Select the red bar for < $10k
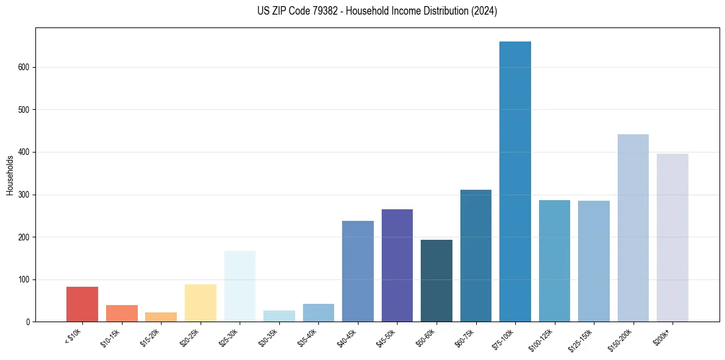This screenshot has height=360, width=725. pyautogui.click(x=82, y=304)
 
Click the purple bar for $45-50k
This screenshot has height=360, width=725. pyautogui.click(x=397, y=265)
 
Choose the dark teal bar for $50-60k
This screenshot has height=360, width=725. pyautogui.click(x=437, y=281)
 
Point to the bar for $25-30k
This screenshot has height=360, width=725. pyautogui.click(x=240, y=286)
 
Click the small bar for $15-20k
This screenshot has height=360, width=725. pyautogui.click(x=161, y=317)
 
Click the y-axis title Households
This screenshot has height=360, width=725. pyautogui.click(x=10, y=175)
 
